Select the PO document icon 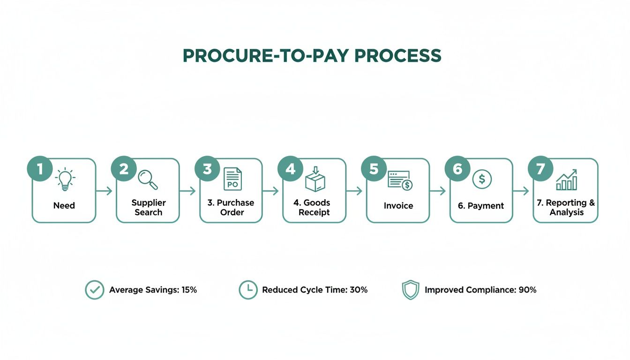click(x=232, y=179)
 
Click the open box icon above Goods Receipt click(x=315, y=179)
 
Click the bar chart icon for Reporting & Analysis click(x=566, y=180)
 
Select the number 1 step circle click(x=40, y=169)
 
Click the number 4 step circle click(x=291, y=169)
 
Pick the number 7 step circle click(x=541, y=169)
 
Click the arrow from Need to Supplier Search click(x=104, y=191)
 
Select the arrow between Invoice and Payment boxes click(x=438, y=191)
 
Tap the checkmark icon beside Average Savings click(x=94, y=290)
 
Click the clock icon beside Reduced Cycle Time click(x=248, y=290)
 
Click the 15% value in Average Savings click(x=189, y=290)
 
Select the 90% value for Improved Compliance click(x=527, y=290)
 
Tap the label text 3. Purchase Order click(x=231, y=207)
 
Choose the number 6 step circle click(x=457, y=169)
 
